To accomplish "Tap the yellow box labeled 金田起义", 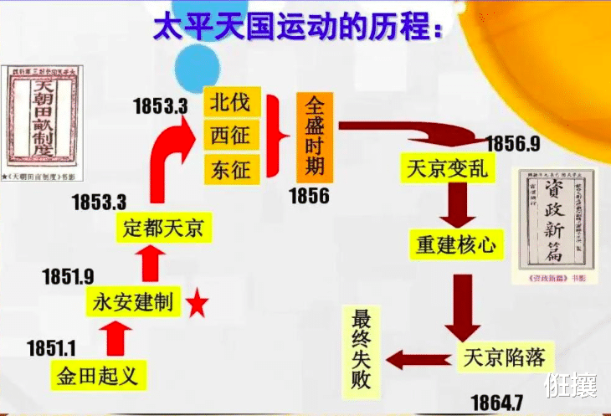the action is tap(96, 373).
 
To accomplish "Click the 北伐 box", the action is tap(230, 104).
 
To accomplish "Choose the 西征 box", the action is tap(230, 135).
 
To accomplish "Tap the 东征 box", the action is tap(230, 167).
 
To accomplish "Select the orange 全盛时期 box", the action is tap(314, 136).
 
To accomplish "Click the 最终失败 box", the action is tap(362, 349).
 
